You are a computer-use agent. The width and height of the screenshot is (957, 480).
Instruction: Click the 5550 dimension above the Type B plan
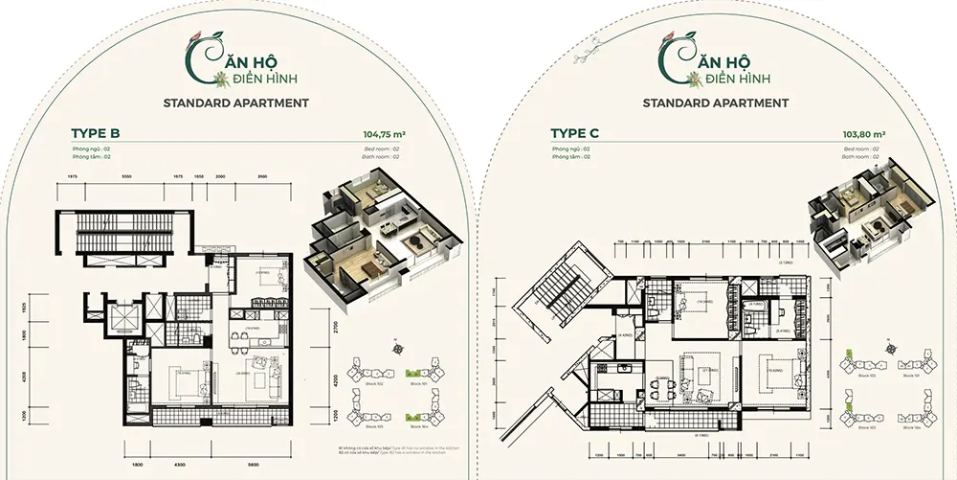click(x=126, y=178)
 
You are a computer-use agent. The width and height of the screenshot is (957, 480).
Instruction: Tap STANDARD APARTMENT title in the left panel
click(x=236, y=102)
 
